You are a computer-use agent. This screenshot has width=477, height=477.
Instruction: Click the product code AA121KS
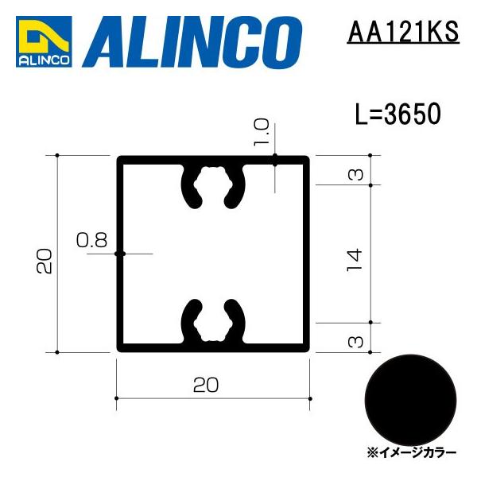point(403,33)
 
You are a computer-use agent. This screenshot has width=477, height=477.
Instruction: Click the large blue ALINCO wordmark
point(197,41)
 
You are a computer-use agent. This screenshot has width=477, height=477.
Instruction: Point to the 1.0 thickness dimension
point(264,133)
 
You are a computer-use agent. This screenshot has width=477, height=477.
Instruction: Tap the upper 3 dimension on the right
point(356,172)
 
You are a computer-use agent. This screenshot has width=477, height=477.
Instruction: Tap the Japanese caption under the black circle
point(412,452)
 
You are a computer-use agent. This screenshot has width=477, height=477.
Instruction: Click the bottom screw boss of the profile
point(213,322)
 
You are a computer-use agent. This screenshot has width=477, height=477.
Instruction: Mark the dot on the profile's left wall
point(120,254)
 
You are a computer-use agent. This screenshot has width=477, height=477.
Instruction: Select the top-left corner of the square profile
point(121,160)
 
